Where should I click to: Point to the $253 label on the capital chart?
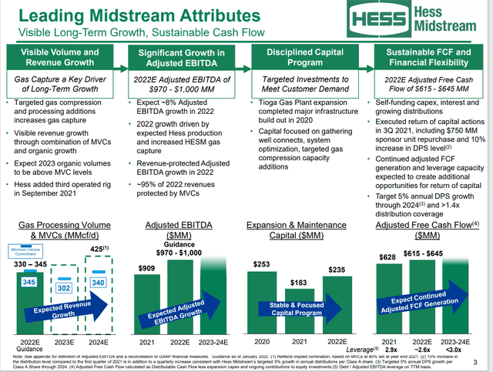coord(261,264)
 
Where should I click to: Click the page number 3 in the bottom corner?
coord(478,363)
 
